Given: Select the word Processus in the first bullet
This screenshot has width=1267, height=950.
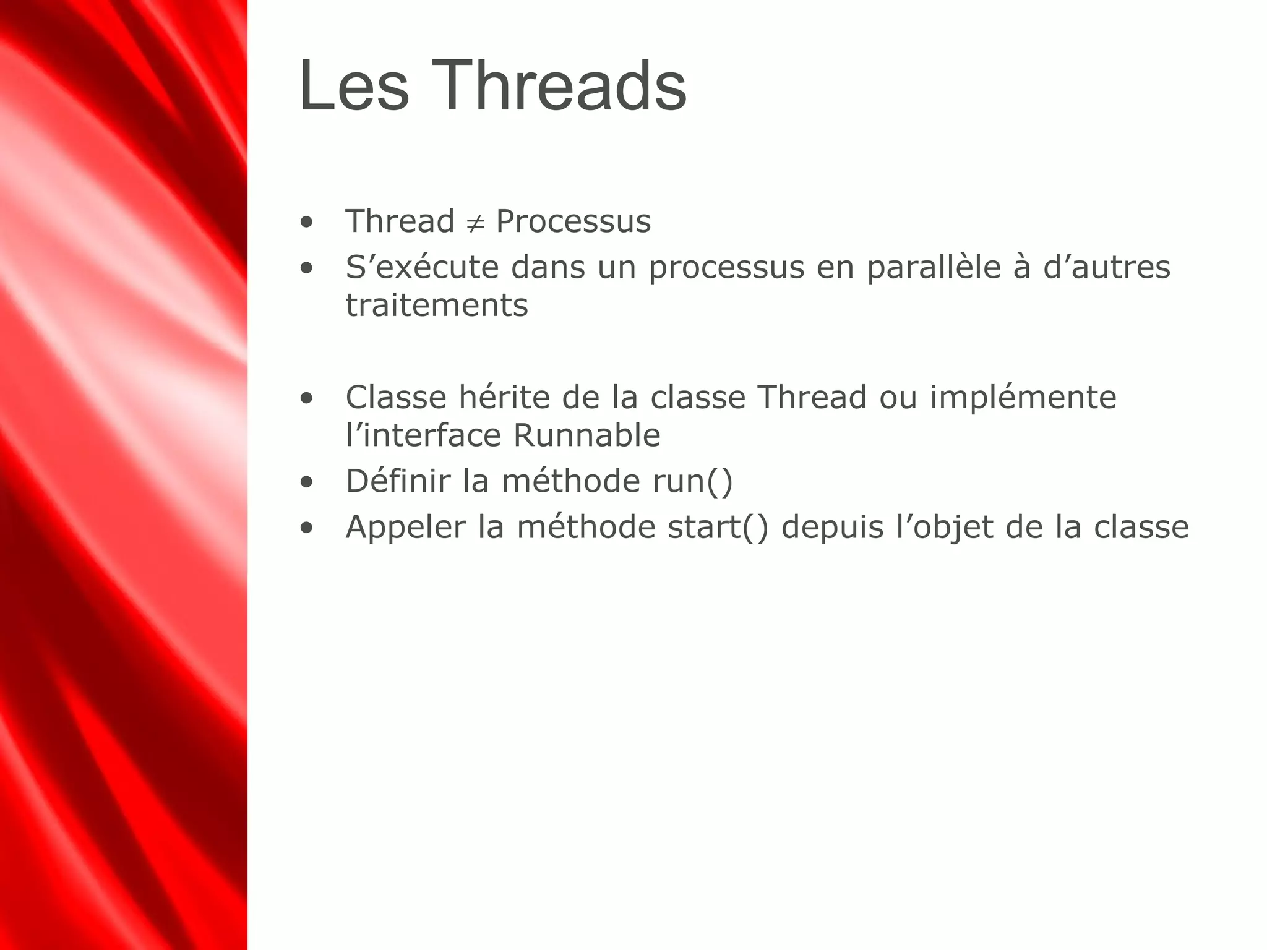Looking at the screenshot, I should click(573, 221).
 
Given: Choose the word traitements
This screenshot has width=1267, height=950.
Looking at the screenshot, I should click(437, 306).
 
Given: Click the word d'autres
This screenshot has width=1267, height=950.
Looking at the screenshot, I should click(1107, 268).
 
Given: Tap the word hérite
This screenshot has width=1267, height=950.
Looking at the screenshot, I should click(504, 397).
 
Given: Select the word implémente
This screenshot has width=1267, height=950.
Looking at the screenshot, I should click(1023, 398).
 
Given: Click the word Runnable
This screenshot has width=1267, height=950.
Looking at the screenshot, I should click(586, 435).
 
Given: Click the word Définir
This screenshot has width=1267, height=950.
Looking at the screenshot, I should click(398, 481).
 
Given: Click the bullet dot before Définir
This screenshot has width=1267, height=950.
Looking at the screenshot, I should click(306, 482).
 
